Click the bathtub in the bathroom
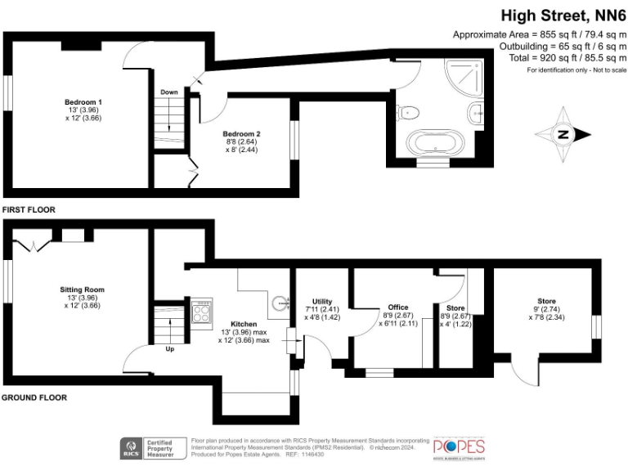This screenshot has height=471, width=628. point(434,145)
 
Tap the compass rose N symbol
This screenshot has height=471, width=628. point(563,135)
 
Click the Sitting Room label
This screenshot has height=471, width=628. point(82,289)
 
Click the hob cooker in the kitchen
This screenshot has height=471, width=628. point(202,312)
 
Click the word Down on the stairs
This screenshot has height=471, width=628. point(169,92)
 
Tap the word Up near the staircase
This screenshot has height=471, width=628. point(169,348)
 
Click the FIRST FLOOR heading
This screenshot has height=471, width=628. point(29,210)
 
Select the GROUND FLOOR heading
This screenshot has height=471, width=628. point(34,398)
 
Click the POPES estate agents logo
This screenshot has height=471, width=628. point(458,446)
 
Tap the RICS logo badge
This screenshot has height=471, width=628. point(128,446)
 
